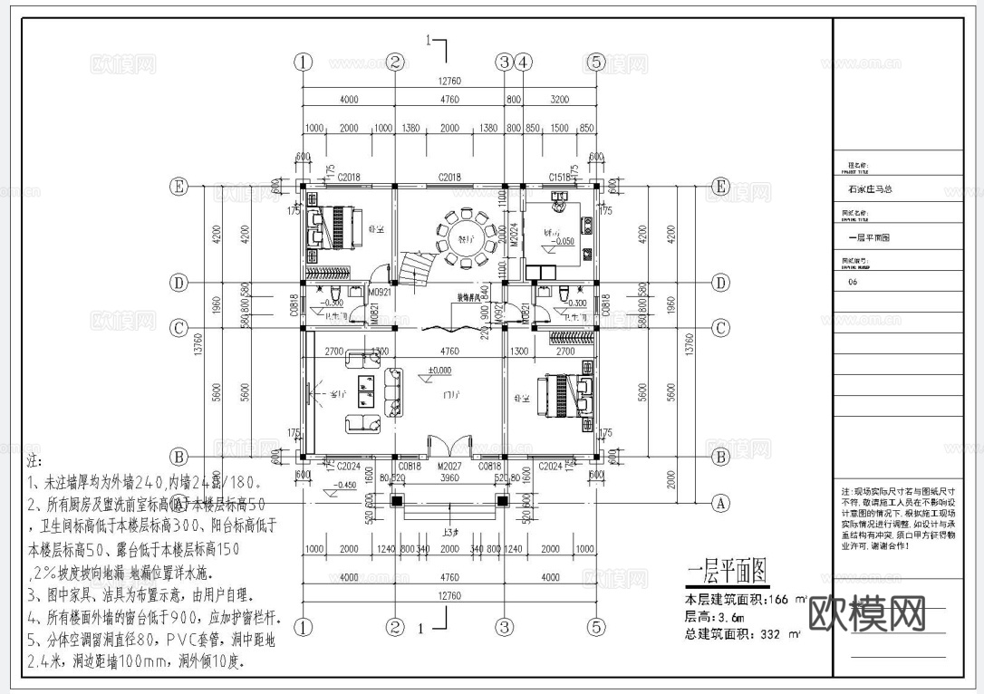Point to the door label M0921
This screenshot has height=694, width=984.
pos(378,293)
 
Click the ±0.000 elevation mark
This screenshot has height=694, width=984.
pos(440,371)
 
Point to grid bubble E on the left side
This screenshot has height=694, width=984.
pos(179,188)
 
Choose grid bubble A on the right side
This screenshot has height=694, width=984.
pos(721,501)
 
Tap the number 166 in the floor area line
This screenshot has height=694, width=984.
pos(778,600)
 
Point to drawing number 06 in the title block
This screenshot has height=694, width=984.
pos(852,282)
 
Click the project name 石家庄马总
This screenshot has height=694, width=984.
pos(870,190)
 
